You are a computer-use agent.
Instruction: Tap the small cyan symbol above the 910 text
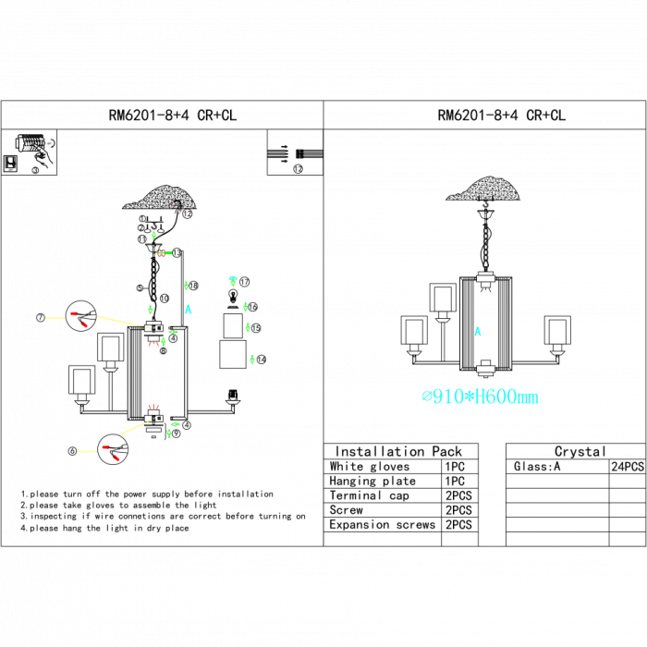coord(478,330)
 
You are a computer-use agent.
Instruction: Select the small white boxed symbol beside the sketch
coord(10,164)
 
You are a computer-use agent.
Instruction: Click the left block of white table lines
coord(278,153)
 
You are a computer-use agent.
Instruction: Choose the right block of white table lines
coord(311,153)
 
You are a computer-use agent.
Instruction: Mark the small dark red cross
coord(175,209)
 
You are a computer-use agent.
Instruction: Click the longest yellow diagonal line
coord(121,321)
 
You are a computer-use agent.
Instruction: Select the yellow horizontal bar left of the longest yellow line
coord(55,318)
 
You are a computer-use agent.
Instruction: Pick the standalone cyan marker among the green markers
coord(189,310)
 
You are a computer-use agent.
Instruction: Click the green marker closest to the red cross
coord(153,236)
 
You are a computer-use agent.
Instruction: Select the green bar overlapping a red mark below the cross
coord(164,252)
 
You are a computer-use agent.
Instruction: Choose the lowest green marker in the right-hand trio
coord(252,359)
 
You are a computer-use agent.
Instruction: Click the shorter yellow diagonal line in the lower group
coord(134,427)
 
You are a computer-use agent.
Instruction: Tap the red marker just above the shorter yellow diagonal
coord(153,405)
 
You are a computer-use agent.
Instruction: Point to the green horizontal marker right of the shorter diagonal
coord(175,424)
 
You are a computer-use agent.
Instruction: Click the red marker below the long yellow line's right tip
coord(153,344)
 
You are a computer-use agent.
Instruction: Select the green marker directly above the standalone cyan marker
coord(187,285)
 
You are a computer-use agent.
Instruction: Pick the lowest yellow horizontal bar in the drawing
coord(86,451)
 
